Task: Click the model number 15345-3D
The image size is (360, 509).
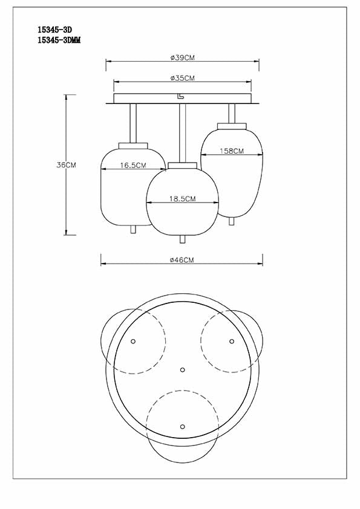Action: pos(55,30)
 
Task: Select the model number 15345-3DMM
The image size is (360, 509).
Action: pos(59,41)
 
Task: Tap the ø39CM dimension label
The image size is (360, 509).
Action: pos(182,57)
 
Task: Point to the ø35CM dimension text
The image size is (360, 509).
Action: pos(182,78)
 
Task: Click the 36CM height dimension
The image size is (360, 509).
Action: pos(66,165)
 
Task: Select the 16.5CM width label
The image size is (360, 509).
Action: pos(133,165)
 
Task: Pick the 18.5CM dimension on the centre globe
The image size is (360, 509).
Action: pos(182,199)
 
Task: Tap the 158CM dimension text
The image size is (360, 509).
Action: pos(232,151)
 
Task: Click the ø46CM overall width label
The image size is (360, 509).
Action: pos(182,260)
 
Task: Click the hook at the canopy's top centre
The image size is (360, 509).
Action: pos(180,96)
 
